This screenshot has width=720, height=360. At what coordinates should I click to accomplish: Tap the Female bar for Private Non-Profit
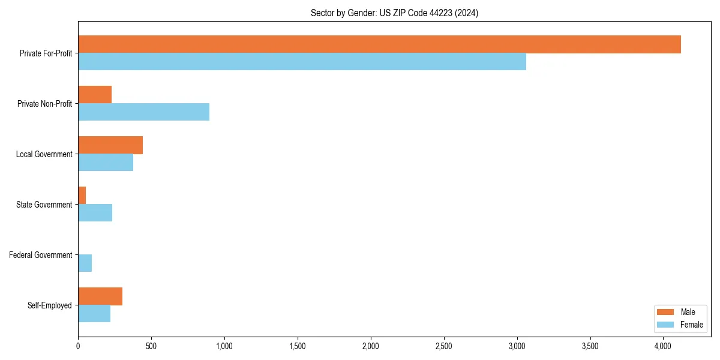(x=143, y=112)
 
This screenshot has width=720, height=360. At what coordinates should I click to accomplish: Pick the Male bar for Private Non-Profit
(x=95, y=95)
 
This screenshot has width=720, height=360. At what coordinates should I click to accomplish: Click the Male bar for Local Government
(x=110, y=145)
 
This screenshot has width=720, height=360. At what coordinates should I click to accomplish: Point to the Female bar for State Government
(x=95, y=213)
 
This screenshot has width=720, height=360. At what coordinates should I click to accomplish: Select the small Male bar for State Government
(x=82, y=196)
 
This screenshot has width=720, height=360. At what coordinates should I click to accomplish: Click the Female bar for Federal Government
(x=85, y=263)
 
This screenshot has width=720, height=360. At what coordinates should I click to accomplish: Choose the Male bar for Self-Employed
(x=100, y=296)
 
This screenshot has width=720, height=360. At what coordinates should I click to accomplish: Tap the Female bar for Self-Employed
(x=94, y=314)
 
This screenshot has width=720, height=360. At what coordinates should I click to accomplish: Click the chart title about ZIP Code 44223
(x=394, y=13)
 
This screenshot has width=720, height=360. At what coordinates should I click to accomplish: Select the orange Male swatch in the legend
(x=665, y=312)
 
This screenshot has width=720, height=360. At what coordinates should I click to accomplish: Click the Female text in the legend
(x=691, y=325)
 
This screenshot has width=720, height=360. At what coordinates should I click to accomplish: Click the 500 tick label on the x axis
(x=151, y=346)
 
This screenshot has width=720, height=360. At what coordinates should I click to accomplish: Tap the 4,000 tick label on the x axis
(x=663, y=346)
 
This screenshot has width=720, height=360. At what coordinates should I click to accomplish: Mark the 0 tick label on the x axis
(x=78, y=346)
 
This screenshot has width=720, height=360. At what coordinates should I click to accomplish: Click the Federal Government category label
(x=41, y=255)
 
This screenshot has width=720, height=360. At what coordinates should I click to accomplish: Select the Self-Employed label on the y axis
(x=50, y=305)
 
